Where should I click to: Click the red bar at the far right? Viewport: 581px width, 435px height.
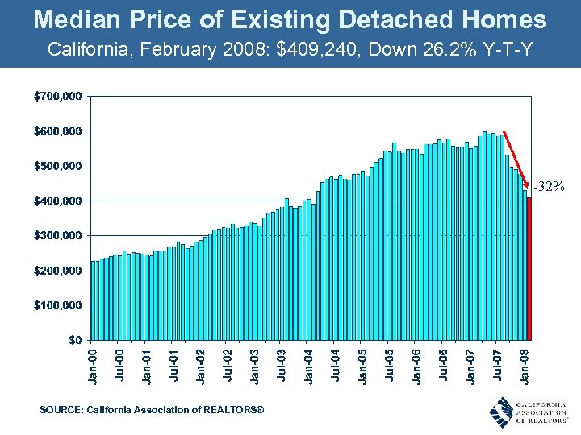tap(529, 268)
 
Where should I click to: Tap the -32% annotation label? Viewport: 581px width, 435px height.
tap(548, 187)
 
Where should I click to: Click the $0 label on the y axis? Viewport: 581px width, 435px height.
tap(74, 339)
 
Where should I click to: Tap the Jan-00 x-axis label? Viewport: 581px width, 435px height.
tap(94, 364)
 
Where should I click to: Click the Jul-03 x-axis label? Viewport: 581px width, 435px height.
tap(282, 364)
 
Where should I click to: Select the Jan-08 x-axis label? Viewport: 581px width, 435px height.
tap(526, 364)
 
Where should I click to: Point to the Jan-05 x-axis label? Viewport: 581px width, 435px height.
tap(363, 364)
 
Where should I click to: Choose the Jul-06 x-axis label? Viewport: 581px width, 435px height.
tap(445, 364)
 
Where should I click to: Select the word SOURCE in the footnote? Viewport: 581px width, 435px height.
tap(61, 411)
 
